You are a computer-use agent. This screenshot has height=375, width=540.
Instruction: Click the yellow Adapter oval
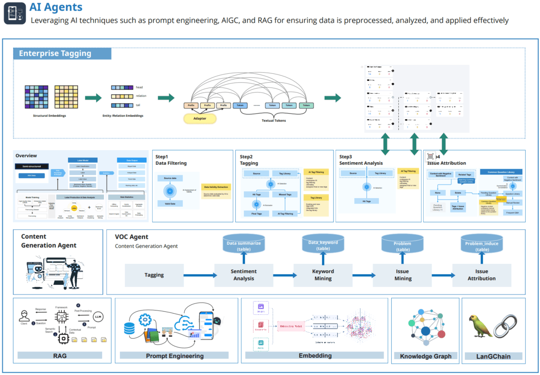tap(200, 118)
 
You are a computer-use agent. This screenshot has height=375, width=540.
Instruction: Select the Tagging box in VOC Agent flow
tap(154, 275)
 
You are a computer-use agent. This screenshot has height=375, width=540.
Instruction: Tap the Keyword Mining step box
tap(323, 275)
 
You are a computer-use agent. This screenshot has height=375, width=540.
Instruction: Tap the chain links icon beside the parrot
tap(507, 327)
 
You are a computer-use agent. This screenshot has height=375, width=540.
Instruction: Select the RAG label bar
tap(60, 355)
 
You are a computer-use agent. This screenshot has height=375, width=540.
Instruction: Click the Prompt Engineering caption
tap(175, 355)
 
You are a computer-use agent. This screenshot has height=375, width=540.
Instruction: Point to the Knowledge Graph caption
tap(425, 356)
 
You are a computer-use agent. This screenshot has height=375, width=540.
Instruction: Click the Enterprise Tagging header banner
tap(62, 54)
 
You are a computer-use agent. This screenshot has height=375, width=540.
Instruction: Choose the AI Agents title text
tap(56, 7)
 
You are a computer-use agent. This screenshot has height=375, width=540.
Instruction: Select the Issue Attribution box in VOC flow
tap(481, 275)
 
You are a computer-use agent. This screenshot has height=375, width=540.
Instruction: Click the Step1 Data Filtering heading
tap(171, 160)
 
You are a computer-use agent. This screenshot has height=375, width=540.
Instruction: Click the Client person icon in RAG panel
tap(23, 316)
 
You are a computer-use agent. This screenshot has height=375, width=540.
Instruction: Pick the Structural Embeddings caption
tap(49, 116)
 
